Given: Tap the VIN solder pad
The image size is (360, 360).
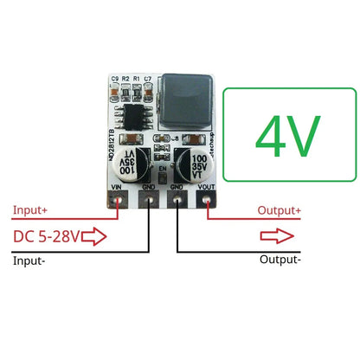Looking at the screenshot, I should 117,200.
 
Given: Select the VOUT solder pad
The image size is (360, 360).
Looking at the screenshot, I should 207,200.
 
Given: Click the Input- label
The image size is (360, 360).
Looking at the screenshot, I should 31,259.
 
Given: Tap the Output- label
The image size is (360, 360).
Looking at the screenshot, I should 280,259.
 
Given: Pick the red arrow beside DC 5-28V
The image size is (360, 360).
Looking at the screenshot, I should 94,235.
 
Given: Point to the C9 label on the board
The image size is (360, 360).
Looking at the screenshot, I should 114,80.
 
